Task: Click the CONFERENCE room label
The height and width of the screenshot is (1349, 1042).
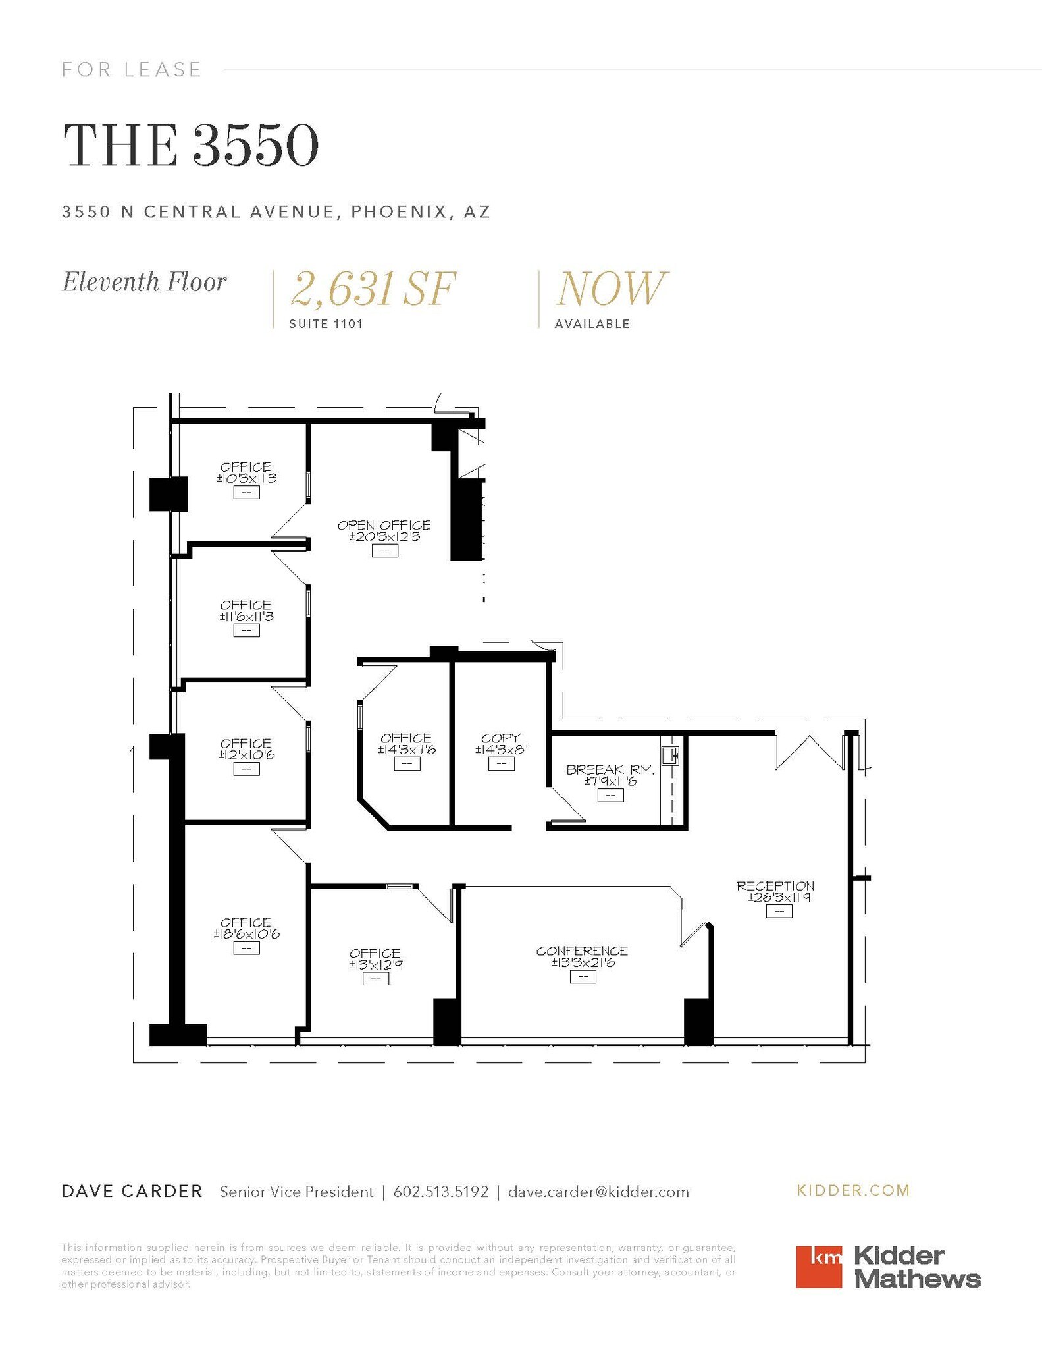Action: (x=582, y=950)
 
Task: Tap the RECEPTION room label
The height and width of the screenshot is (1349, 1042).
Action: (x=775, y=886)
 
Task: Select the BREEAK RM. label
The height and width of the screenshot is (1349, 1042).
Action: (x=610, y=769)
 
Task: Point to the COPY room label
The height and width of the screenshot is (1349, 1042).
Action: (x=501, y=738)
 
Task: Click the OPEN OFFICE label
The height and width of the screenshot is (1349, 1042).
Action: (x=384, y=525)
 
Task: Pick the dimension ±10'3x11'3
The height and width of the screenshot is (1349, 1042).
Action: (x=246, y=478)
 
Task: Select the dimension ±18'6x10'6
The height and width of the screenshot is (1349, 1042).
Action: (x=246, y=934)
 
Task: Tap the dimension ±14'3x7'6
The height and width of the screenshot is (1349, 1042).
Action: (x=406, y=750)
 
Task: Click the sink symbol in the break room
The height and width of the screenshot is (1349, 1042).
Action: (x=670, y=755)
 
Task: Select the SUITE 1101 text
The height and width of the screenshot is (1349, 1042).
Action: (x=326, y=324)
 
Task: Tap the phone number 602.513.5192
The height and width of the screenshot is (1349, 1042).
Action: (x=441, y=1192)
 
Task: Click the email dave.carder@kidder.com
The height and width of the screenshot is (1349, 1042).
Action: (x=598, y=1192)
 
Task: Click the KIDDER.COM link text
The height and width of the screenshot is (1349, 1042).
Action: (x=853, y=1190)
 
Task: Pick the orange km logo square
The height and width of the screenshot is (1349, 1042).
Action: (x=818, y=1266)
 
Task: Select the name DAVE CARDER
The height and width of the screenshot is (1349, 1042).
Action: (x=132, y=1191)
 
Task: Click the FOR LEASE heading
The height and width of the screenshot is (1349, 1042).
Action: (x=132, y=69)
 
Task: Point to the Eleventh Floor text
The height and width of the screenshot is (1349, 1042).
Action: (x=144, y=282)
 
